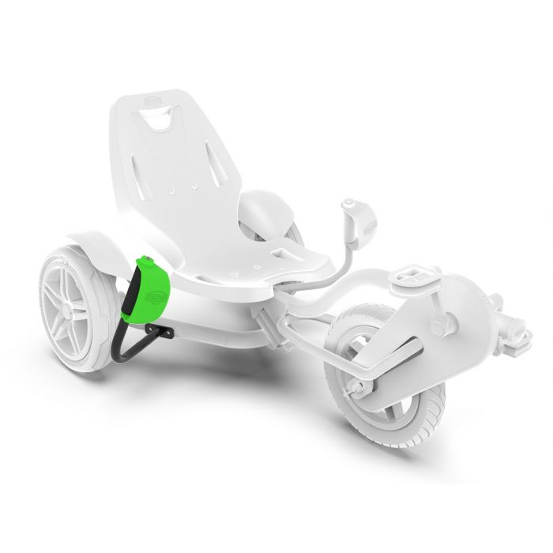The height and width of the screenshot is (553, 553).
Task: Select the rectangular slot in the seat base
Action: [x=281, y=250]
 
